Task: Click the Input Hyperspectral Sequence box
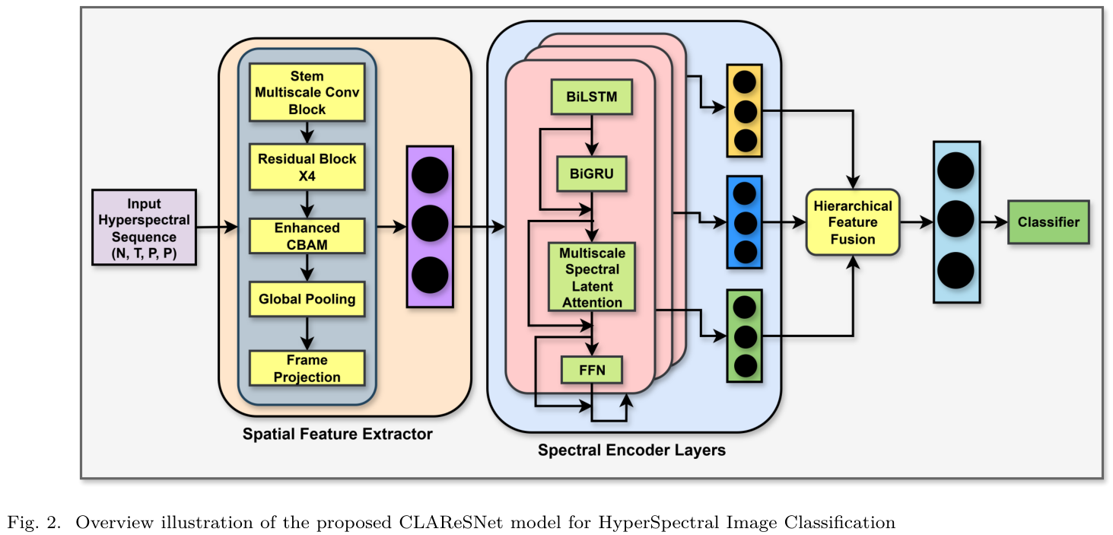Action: click(x=144, y=228)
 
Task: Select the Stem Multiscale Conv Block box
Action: click(x=307, y=92)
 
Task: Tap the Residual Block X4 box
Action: click(x=307, y=167)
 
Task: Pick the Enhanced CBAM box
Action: click(x=307, y=236)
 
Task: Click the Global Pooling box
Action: click(x=307, y=299)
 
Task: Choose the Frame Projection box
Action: click(x=307, y=368)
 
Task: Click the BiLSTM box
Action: click(x=592, y=97)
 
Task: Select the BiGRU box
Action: click(x=592, y=174)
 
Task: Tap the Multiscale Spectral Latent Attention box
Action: click(x=592, y=277)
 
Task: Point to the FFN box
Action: click(x=592, y=371)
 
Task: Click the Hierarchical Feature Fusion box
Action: click(x=853, y=222)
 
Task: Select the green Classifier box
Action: click(x=1048, y=222)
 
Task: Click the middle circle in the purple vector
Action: click(x=430, y=226)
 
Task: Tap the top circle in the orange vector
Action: click(x=745, y=82)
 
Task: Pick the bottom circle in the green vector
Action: click(x=745, y=366)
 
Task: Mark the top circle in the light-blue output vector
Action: click(x=956, y=170)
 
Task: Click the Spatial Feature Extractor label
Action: click(x=337, y=435)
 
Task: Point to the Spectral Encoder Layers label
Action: click(x=631, y=450)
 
